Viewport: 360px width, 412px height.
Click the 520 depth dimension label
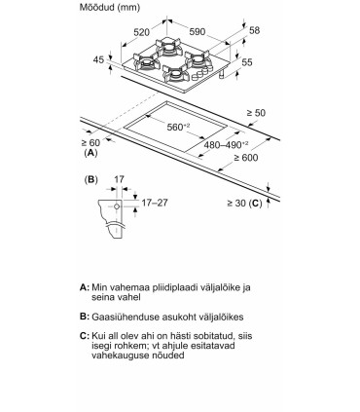coord(142,32)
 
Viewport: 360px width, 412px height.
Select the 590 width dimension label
coord(198,31)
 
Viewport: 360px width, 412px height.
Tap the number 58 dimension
coord(255,30)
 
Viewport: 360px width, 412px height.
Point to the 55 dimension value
coord(247,62)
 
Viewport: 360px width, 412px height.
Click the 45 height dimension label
coord(98,59)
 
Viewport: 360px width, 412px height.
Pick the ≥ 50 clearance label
coord(256,113)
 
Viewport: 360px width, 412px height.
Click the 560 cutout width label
coord(178,127)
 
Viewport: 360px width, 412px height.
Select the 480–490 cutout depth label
coord(226,145)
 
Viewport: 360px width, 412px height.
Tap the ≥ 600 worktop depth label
coord(246,158)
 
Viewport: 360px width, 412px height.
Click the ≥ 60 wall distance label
coord(90,142)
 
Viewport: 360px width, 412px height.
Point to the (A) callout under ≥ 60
coord(90,153)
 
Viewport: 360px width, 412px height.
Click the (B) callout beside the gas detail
coord(90,179)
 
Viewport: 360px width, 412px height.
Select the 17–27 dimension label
coord(155,203)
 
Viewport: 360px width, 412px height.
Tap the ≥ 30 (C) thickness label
coord(244,204)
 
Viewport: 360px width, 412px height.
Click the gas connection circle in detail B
coord(117,206)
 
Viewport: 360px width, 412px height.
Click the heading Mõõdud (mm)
coord(110,7)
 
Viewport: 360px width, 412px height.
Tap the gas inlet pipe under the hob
coord(221,75)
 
